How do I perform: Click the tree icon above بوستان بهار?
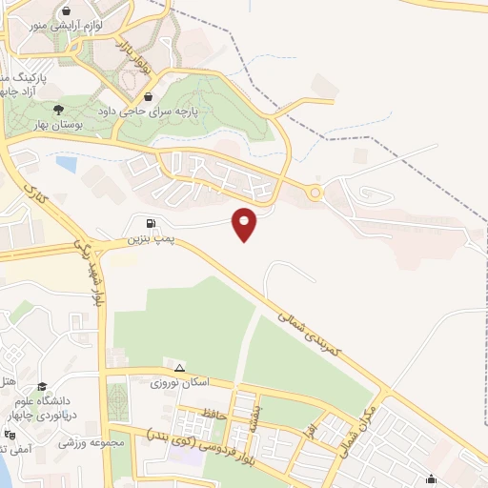[x=59, y=110]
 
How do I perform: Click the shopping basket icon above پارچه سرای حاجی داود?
[x=148, y=96]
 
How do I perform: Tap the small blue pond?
[x=66, y=164]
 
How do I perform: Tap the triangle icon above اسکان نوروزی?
[x=178, y=367]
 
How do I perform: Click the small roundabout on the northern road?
[x=315, y=193]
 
